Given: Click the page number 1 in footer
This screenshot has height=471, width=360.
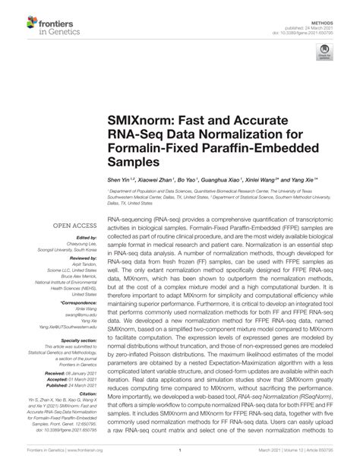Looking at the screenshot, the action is [x=181, y=460].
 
